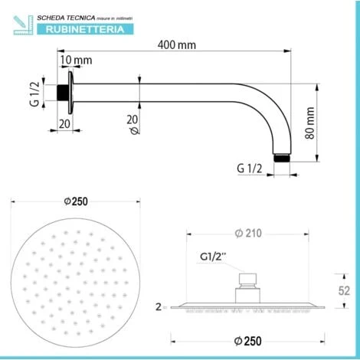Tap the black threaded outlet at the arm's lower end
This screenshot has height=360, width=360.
point(282,158)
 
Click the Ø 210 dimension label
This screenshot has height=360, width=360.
point(248,233)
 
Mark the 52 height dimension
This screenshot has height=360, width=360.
point(344,290)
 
